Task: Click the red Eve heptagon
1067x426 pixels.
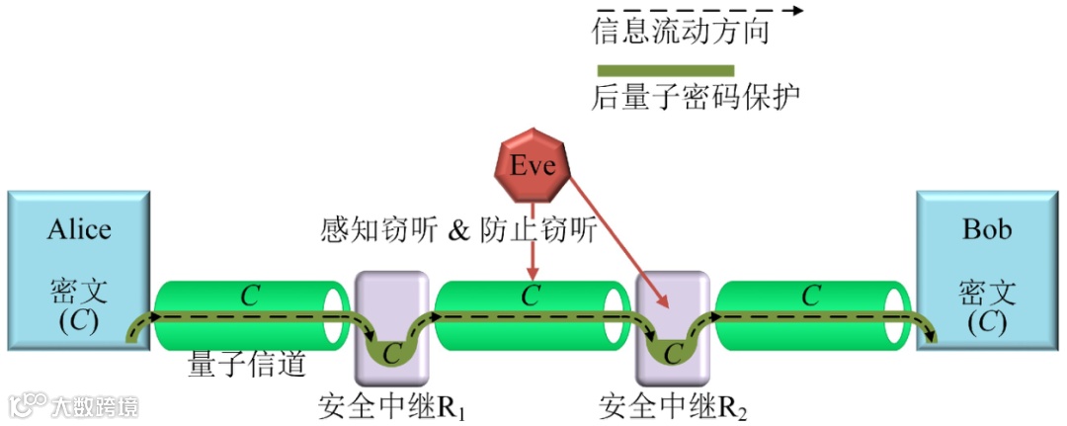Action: (533, 165)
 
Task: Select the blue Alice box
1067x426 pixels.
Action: (78, 269)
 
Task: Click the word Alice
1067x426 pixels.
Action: (79, 230)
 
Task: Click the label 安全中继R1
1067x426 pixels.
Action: (392, 406)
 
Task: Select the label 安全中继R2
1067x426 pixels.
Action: (672, 406)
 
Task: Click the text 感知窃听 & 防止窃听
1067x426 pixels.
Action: (458, 230)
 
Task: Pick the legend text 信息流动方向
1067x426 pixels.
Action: (680, 34)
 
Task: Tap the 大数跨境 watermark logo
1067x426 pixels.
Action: (74, 405)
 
